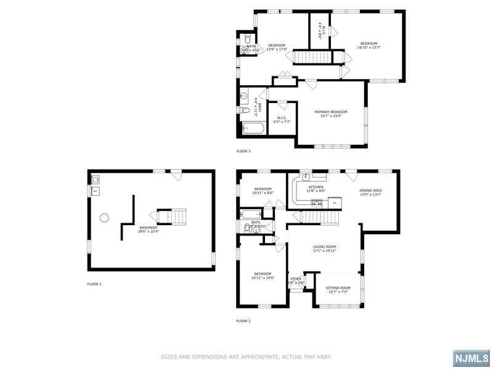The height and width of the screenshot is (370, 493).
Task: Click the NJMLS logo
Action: pos(471,358)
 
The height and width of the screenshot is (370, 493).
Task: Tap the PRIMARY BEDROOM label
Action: pos(331,112)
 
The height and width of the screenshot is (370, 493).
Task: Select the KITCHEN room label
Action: pos(316,187)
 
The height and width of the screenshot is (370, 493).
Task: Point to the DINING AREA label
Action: pos(370,191)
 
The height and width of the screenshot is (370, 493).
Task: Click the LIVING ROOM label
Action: pos(324,247)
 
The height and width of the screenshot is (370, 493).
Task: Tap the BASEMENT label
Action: pos(149,228)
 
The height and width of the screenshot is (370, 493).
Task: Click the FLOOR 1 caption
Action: pos(94,284)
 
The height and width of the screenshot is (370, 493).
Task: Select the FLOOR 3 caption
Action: pos(243,150)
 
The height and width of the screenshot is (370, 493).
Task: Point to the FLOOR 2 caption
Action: pos(243,321)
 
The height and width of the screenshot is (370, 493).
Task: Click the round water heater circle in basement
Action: pos(104,217)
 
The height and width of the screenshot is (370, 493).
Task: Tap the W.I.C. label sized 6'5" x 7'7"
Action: pos(282,120)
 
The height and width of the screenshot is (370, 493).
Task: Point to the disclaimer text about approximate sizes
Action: pos(246,356)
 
